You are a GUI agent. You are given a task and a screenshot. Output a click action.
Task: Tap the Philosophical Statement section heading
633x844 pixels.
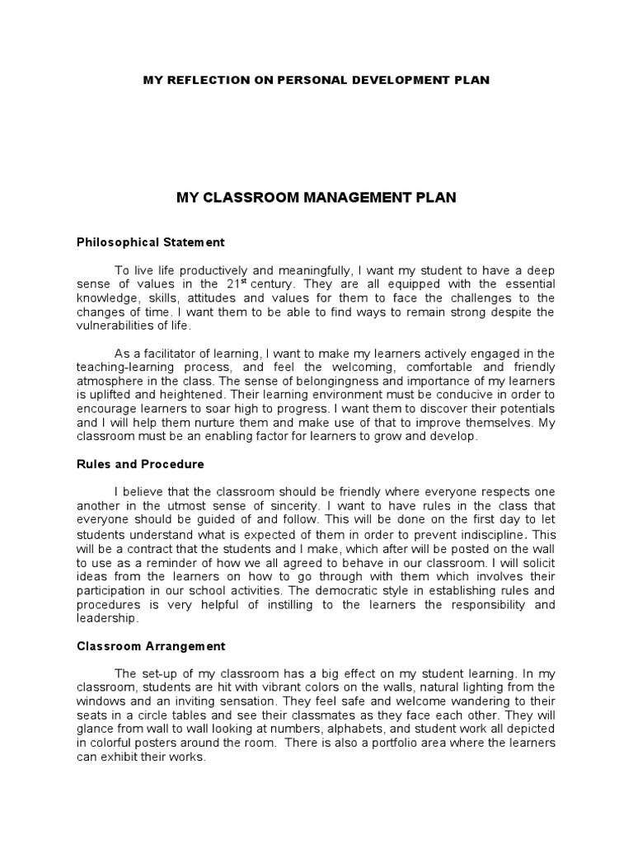(150, 243)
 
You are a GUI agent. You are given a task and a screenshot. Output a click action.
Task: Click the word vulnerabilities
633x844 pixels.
(116, 326)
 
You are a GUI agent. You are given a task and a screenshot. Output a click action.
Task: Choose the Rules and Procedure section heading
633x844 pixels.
(139, 465)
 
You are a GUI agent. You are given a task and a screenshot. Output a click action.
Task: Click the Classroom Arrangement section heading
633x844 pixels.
(151, 646)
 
